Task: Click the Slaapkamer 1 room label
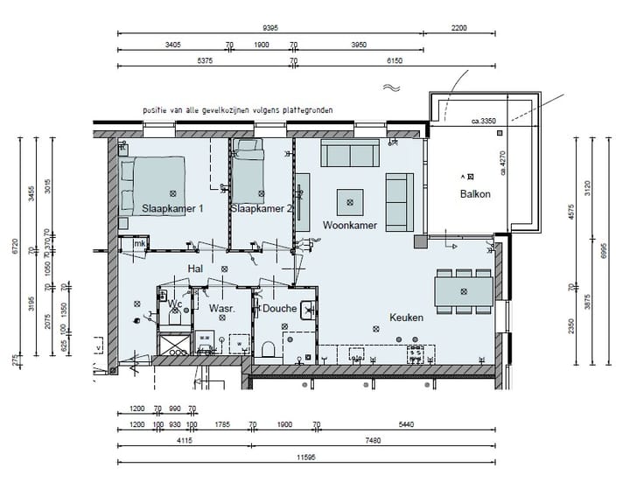[172, 209]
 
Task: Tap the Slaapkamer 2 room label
[260, 209]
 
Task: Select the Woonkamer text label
[349, 226]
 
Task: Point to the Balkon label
[475, 194]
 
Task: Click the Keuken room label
[406, 318]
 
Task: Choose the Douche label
[279, 309]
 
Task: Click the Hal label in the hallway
[196, 269]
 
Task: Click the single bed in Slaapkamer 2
[248, 170]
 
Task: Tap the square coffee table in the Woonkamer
[351, 202]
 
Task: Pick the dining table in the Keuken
[463, 289]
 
